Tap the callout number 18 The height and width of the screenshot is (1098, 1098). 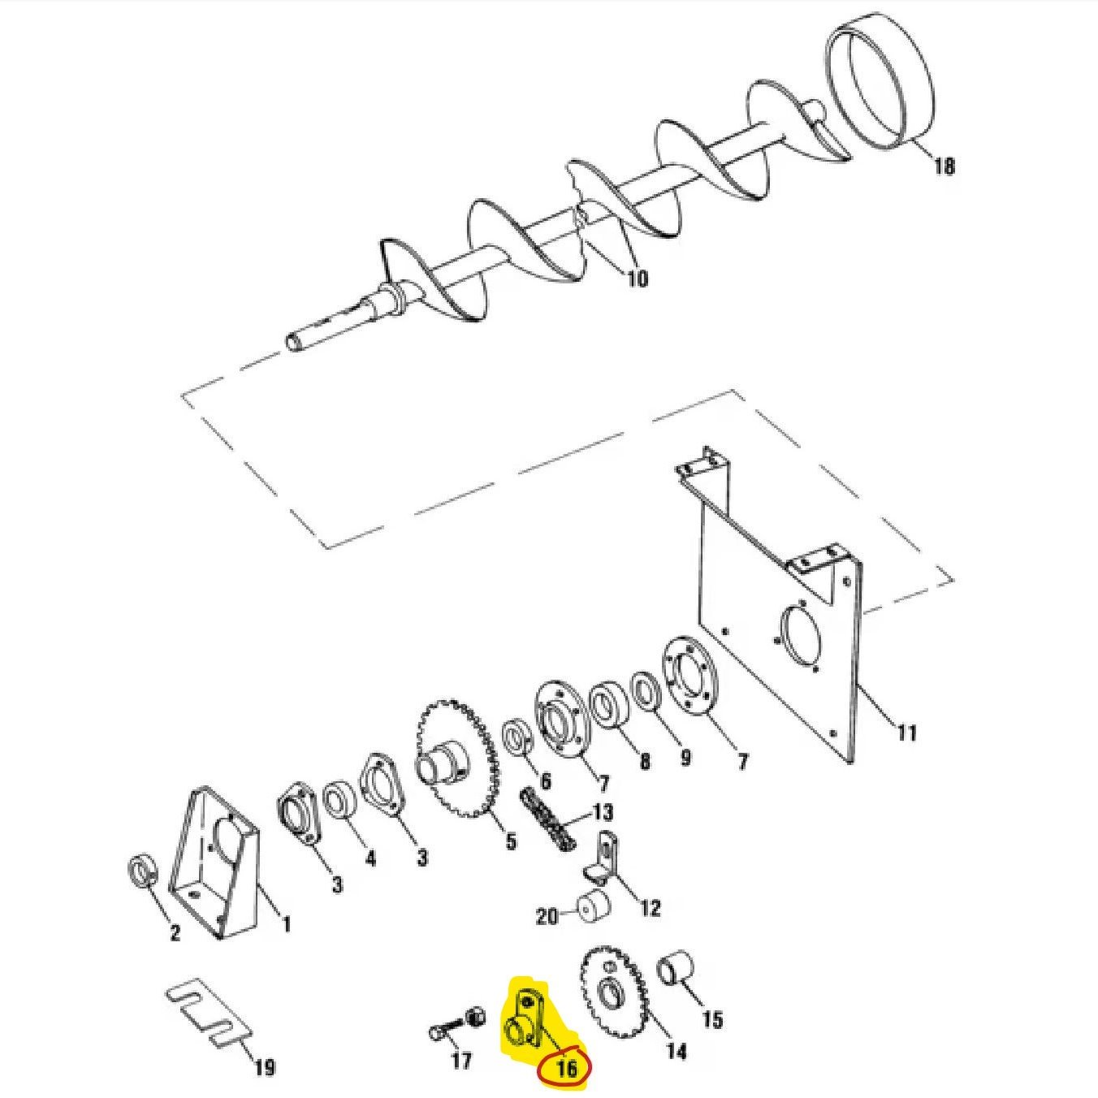(945, 166)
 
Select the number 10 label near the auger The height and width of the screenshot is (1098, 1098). (637, 279)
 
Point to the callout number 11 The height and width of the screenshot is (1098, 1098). (907, 733)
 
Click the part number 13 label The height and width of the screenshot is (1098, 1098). (603, 812)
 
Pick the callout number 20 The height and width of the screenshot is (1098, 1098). (547, 933)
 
